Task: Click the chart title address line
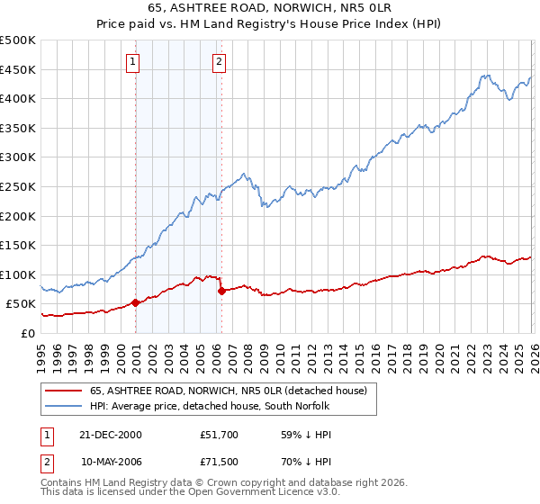[x=269, y=9]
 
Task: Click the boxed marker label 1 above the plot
[x=132, y=62]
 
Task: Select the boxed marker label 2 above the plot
[x=219, y=62]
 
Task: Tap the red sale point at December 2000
[x=136, y=302]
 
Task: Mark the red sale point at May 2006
[x=221, y=291]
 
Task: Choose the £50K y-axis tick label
[x=22, y=304]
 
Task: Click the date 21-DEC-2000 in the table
[x=111, y=434]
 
